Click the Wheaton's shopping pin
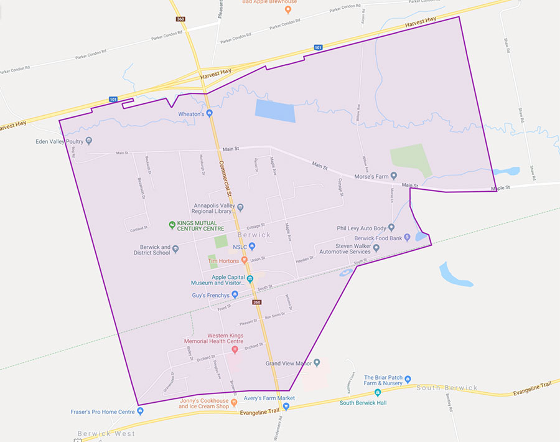point(210,113)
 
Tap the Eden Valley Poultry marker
point(89,141)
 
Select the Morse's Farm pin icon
point(393,176)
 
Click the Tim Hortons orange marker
point(245,260)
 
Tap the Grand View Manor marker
point(317,362)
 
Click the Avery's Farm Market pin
point(286,407)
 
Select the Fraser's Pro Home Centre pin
point(140,411)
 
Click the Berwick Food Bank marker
point(407,237)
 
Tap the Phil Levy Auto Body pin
point(391,228)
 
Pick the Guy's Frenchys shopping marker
point(235,294)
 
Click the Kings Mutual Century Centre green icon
point(172,225)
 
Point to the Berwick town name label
point(254,235)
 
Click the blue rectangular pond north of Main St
point(275,111)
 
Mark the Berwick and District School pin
point(175,250)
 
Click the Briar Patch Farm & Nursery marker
point(408,380)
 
